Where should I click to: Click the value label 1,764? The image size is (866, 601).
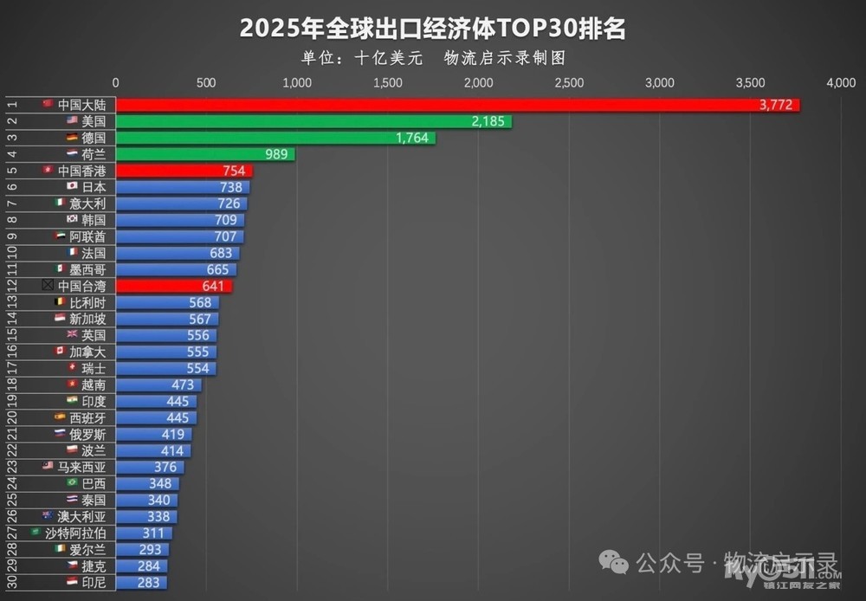[411, 138]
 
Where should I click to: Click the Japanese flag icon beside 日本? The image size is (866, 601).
[73, 186]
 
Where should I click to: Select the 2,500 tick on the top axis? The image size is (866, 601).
[569, 83]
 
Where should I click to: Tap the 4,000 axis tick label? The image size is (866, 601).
[841, 83]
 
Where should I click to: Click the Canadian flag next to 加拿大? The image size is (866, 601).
[60, 352]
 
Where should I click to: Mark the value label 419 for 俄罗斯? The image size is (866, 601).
[171, 434]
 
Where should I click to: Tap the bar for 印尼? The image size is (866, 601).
[141, 582]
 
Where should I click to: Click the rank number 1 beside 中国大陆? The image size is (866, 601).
[12, 105]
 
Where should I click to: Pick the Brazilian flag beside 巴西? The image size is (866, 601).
[73, 482]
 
